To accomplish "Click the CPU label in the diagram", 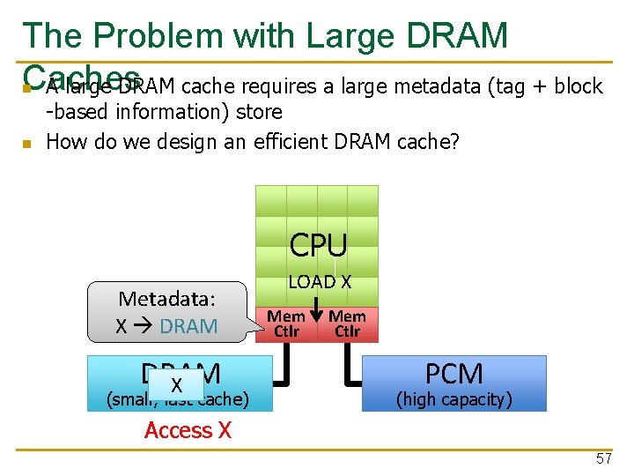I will pyautogui.click(x=318, y=245).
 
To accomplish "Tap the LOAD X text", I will pyautogui.click(x=319, y=282).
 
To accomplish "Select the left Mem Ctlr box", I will pyautogui.click(x=286, y=324).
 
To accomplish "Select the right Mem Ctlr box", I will pyautogui.click(x=348, y=324).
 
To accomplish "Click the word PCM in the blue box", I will pyautogui.click(x=453, y=374).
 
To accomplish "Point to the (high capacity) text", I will pyautogui.click(x=453, y=399).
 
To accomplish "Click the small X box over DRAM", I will pyautogui.click(x=176, y=385).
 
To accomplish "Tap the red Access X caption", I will pyautogui.click(x=188, y=430).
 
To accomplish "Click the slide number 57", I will pyautogui.click(x=603, y=458).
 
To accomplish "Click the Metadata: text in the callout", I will pyautogui.click(x=167, y=298).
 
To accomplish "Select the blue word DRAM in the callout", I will pyautogui.click(x=188, y=326).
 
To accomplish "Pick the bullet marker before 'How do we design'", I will pyautogui.click(x=27, y=143).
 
